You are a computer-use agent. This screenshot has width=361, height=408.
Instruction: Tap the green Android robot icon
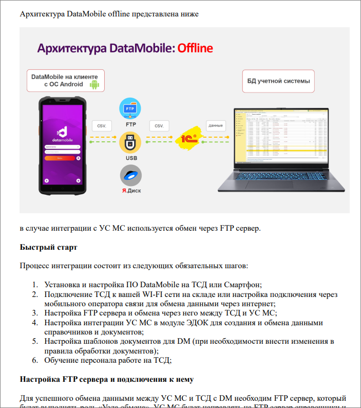pos(94,84)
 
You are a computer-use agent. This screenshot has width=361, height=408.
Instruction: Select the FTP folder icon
pos(131,109)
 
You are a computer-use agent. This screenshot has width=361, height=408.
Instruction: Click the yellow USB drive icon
pos(131,142)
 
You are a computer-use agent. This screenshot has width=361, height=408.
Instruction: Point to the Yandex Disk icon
pos(131,176)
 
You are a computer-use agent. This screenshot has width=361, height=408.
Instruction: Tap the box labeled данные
pos(216,125)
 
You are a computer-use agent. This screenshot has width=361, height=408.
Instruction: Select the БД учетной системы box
pos(278,81)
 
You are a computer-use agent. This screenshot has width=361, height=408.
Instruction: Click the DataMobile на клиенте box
pos(66,81)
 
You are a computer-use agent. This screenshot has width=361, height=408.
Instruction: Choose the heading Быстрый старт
pos(48,247)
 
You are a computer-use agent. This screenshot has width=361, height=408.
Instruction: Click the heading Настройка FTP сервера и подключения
pos(106,380)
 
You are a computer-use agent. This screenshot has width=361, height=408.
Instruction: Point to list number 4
pos(35,323)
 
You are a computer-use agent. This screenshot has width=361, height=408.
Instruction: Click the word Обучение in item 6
pos(61,360)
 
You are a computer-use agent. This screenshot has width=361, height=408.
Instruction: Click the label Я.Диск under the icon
pos(131,191)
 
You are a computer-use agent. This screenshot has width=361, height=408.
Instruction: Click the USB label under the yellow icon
pos(131,158)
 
